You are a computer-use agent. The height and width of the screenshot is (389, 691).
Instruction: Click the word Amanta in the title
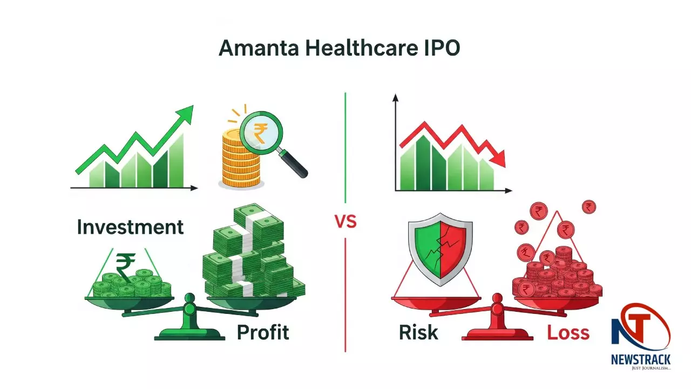click(x=259, y=48)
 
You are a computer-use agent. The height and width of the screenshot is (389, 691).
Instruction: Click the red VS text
click(x=345, y=222)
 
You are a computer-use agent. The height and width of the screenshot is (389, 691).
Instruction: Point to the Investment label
click(x=130, y=227)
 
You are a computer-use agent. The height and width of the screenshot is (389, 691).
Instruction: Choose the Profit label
click(x=263, y=332)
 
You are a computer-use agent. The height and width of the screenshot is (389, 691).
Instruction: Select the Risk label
click(x=418, y=332)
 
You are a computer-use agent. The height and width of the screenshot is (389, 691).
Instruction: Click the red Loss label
click(x=568, y=332)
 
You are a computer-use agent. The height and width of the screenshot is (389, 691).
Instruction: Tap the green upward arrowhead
click(x=185, y=114)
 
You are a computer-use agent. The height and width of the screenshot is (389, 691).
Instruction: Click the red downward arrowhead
click(x=497, y=158)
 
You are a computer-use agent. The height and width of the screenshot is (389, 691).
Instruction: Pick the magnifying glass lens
click(x=261, y=133)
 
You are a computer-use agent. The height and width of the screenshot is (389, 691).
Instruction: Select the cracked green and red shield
click(x=440, y=249)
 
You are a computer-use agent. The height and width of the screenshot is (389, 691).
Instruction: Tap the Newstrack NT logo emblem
click(x=641, y=327)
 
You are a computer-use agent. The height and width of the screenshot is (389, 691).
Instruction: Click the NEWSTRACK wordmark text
click(x=641, y=360)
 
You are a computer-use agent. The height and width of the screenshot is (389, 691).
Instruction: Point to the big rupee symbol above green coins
click(x=125, y=267)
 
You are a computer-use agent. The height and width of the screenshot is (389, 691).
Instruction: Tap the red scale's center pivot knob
click(x=497, y=299)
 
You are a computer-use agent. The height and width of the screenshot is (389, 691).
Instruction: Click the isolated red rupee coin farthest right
click(x=589, y=207)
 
